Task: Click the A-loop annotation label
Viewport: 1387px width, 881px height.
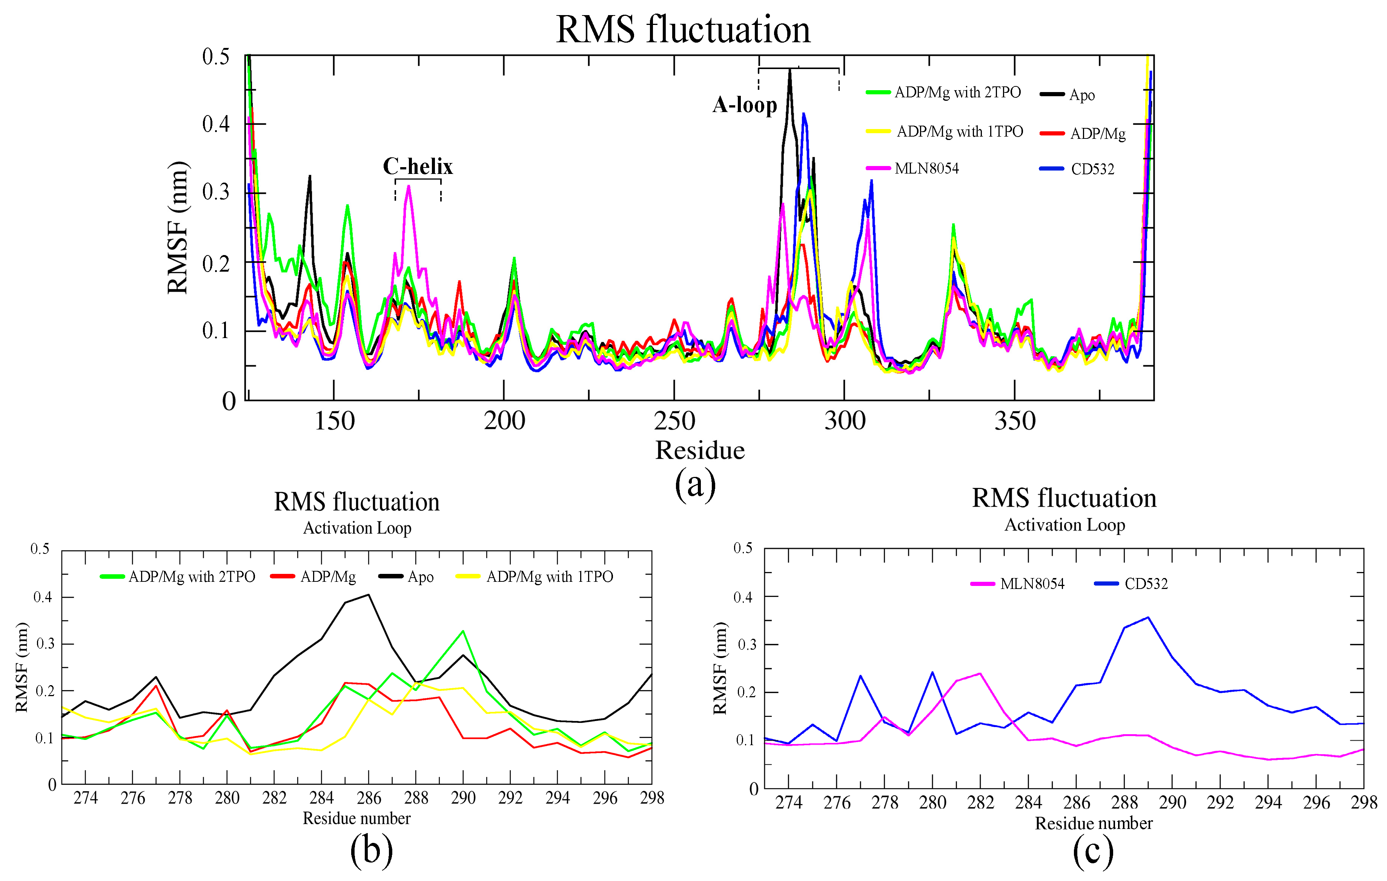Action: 744,105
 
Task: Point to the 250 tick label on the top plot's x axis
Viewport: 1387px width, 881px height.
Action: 674,421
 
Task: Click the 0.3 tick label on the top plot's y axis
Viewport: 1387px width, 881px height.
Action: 216,192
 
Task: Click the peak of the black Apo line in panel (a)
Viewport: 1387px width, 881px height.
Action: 790,70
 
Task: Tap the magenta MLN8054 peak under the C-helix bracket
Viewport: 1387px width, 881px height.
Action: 409,186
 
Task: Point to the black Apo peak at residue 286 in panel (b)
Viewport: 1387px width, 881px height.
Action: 369,595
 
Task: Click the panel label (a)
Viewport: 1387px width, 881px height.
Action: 695,484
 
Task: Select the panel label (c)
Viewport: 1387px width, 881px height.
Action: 1093,852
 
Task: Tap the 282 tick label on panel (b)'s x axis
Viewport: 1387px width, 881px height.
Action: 274,798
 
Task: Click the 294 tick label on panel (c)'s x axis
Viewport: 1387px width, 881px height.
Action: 1268,802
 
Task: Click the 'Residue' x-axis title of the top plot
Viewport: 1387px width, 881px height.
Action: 699,450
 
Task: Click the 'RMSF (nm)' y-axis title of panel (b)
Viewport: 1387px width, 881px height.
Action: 22,667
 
